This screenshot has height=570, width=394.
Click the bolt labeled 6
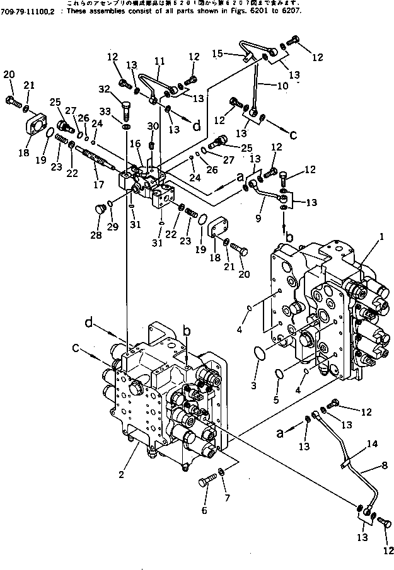pyautogui.click(x=206, y=483)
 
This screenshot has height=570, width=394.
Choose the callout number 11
pyautogui.click(x=159, y=62)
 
